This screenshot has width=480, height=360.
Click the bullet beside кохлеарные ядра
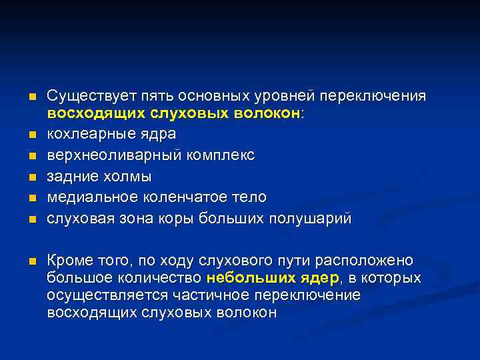click(31, 135)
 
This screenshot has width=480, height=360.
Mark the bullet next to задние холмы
click(31, 177)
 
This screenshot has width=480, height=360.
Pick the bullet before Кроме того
click(31, 261)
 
